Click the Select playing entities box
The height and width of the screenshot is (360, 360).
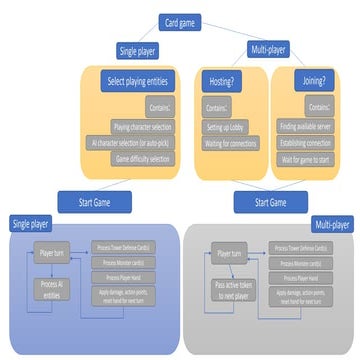click(140, 81)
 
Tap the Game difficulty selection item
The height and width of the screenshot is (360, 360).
click(146, 158)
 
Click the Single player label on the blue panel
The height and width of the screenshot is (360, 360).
click(30, 222)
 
